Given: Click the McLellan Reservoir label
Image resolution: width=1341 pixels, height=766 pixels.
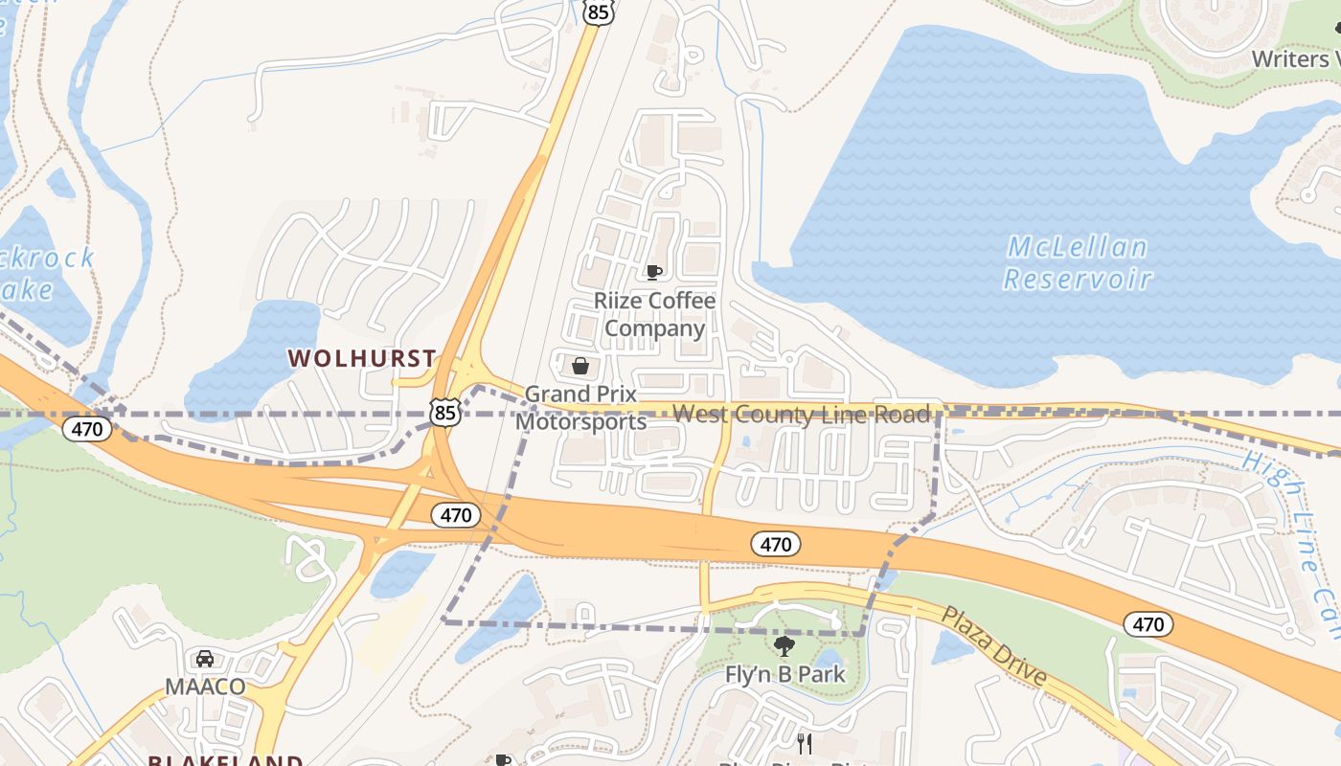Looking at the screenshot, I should tap(1077, 263).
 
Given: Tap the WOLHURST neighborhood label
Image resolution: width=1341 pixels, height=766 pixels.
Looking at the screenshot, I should tap(362, 358).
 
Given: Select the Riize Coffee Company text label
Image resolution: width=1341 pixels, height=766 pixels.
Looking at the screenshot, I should tap(654, 314).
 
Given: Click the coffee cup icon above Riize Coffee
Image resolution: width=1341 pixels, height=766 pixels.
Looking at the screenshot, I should tap(654, 273).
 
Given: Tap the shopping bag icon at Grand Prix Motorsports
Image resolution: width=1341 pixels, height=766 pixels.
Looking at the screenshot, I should tap(580, 366).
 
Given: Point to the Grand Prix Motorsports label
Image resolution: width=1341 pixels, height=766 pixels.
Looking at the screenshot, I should tap(581, 408).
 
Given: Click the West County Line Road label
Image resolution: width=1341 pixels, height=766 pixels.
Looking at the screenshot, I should tap(801, 415).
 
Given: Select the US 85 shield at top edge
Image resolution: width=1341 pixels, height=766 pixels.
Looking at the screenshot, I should tap(598, 11).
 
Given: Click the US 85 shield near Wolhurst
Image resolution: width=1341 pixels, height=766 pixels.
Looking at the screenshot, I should tap(445, 412).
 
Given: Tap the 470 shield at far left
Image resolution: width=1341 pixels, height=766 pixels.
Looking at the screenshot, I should tap(87, 429).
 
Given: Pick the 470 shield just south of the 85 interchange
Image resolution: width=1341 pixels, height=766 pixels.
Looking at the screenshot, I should tap(455, 515).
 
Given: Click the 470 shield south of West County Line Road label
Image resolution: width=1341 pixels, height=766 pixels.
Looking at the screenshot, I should tap(775, 545).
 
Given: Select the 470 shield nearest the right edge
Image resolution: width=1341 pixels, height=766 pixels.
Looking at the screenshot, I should tap(1148, 625).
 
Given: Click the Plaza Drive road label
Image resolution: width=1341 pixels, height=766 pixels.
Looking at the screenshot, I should tap(992, 644).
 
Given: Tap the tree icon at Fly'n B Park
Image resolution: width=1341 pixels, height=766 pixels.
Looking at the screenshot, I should tap(784, 646).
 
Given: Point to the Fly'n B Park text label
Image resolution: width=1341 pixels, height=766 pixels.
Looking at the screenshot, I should tap(784, 674).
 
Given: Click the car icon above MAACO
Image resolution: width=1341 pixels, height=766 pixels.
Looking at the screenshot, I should tap(205, 659).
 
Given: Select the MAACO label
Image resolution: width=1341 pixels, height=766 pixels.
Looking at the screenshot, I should tap(205, 687).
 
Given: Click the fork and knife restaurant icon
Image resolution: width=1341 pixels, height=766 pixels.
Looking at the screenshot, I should tap(805, 744).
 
